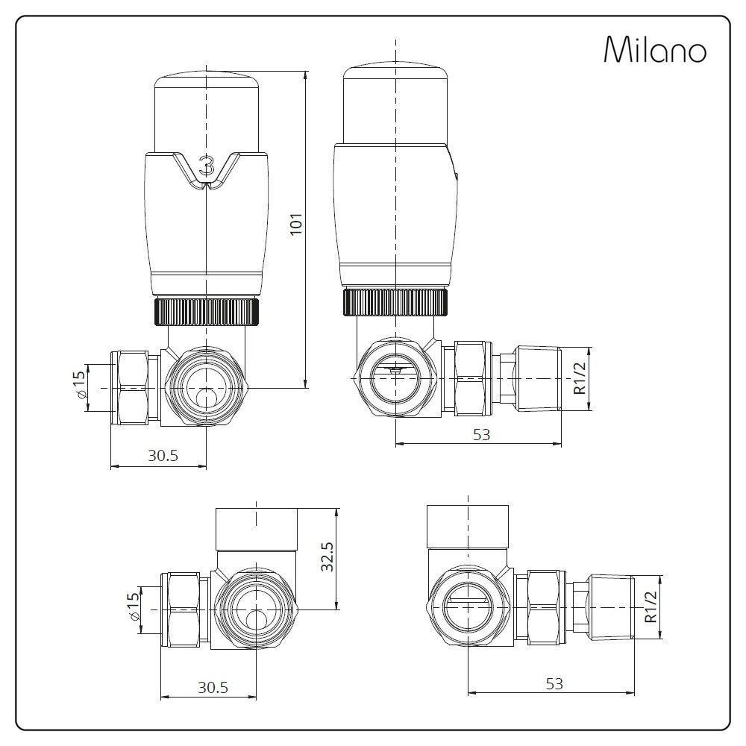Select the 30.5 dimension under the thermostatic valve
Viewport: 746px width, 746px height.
pyautogui.click(x=162, y=457)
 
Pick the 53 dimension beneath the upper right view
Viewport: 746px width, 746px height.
pyautogui.click(x=481, y=434)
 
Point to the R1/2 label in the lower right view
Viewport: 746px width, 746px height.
pyautogui.click(x=652, y=606)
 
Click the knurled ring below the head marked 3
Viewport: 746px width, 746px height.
pyautogui.click(x=207, y=311)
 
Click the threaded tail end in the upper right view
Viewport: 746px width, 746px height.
pyautogui.click(x=539, y=378)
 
